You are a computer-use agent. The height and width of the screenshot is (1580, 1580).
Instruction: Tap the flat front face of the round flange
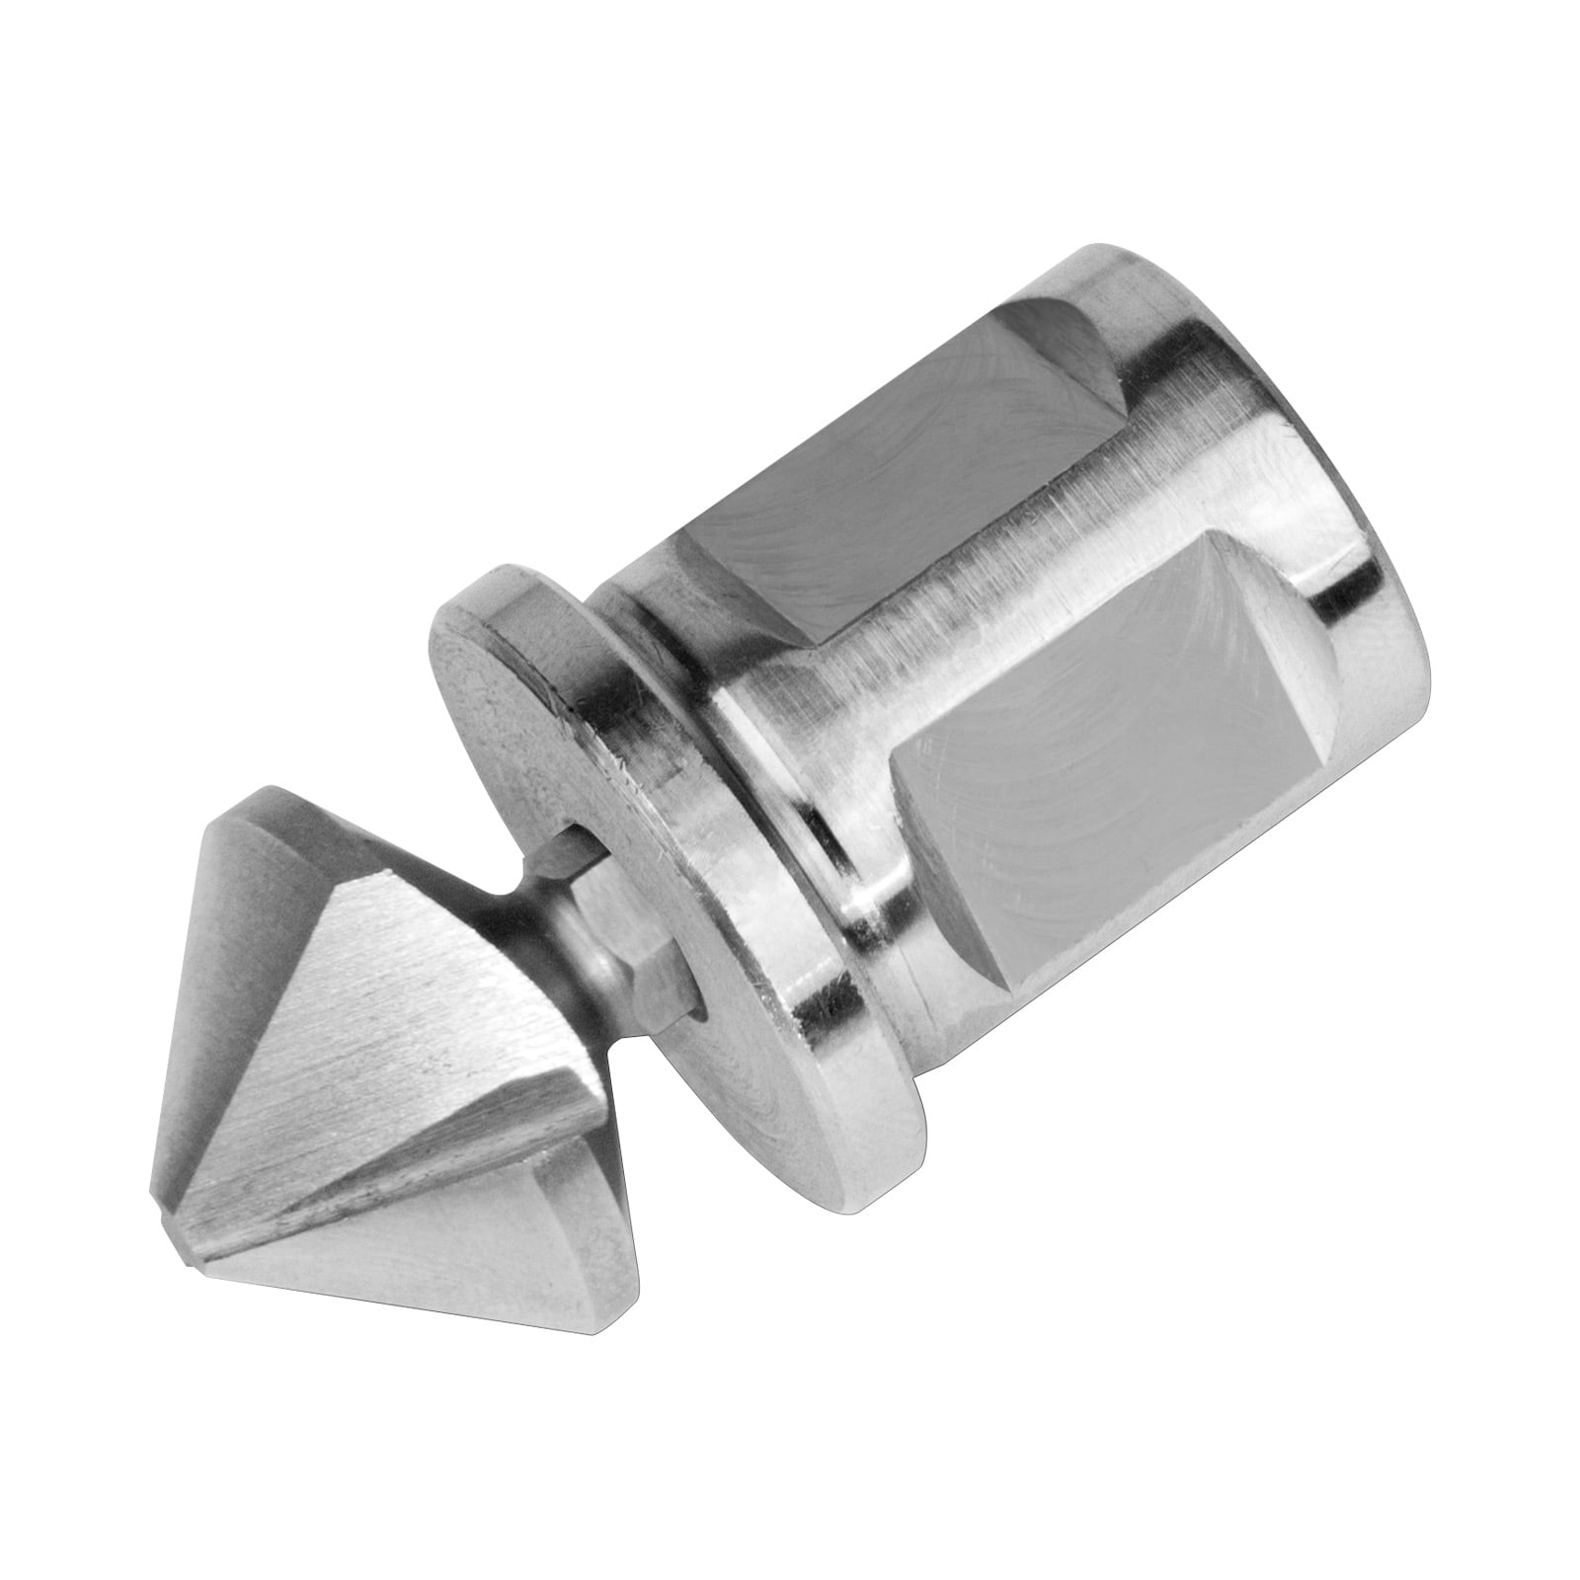(x=553, y=750)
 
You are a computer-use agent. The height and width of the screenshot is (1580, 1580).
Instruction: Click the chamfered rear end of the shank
(x=1382, y=592)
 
